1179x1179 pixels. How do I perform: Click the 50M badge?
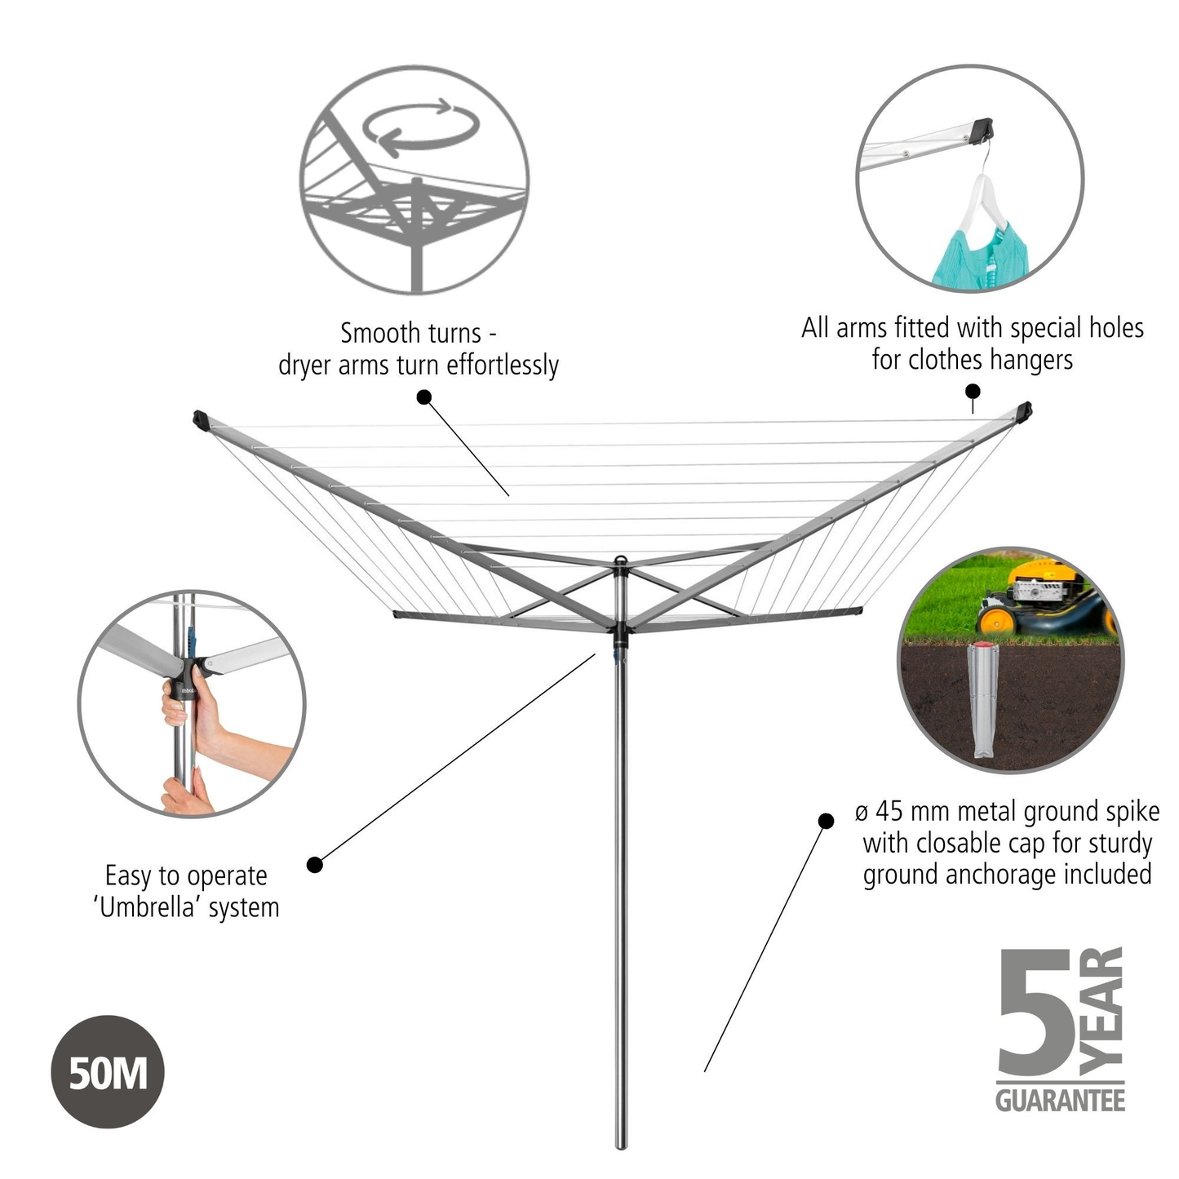click(108, 1071)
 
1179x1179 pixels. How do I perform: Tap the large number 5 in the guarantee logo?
click(1035, 1012)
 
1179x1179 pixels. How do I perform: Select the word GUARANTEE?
click(1060, 1101)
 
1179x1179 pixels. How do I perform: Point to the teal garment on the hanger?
click(977, 257)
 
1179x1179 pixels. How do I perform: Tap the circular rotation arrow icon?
click(421, 128)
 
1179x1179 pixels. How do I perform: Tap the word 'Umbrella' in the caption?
click(148, 907)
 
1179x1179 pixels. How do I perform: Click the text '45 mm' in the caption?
click(912, 812)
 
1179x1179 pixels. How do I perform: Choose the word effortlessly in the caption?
click(503, 366)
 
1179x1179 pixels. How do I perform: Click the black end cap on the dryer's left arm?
click(201, 420)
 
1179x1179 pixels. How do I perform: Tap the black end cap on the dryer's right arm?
click(1023, 410)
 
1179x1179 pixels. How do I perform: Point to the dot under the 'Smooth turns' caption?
click(424, 397)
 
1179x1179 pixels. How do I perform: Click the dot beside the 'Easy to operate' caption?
click(315, 864)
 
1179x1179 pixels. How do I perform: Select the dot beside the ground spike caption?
click(826, 821)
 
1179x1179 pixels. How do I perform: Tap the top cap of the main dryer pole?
click(621, 561)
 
